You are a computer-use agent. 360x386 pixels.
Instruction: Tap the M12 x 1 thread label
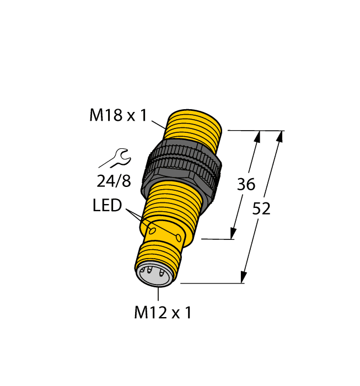tap(163, 313)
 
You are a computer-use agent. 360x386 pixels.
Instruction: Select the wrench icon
tap(115, 159)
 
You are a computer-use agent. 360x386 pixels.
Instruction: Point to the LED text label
tap(106, 206)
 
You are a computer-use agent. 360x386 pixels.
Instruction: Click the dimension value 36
tap(246, 185)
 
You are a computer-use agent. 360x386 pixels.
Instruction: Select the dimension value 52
tap(261, 209)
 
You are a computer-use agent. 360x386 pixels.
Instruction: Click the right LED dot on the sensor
tap(179, 237)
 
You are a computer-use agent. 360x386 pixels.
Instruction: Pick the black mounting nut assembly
tap(182, 167)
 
